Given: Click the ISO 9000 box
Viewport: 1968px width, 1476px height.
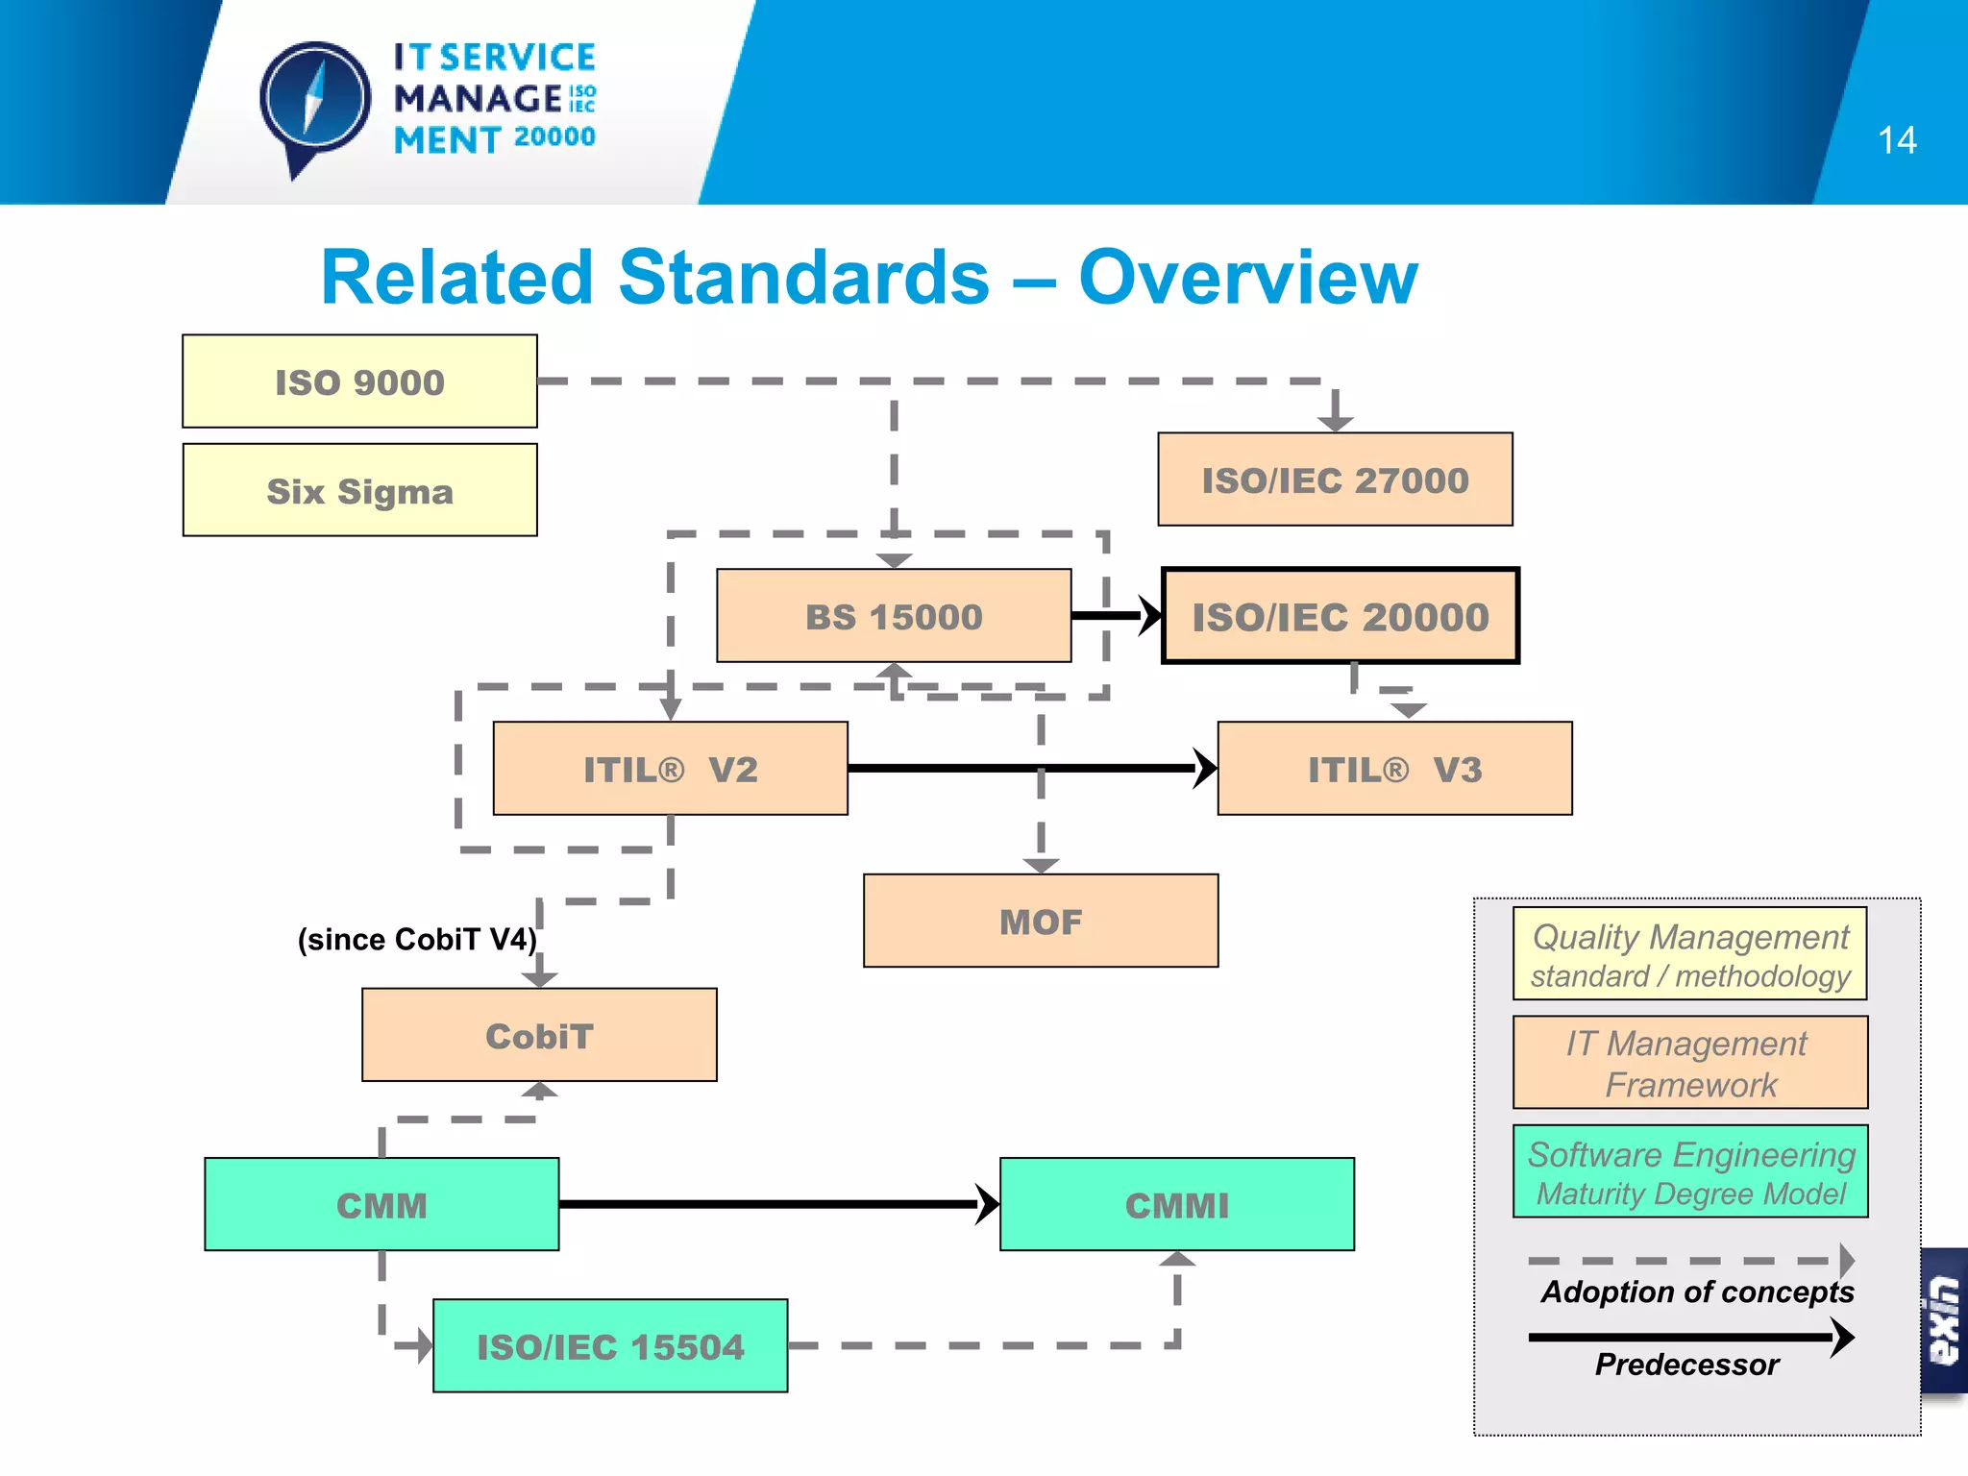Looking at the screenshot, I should click(359, 381).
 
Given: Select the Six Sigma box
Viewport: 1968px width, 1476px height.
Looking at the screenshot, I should click(359, 490).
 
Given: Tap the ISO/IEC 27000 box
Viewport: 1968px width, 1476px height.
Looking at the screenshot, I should click(1335, 480).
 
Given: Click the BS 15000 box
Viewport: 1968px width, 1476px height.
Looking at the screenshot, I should click(894, 616).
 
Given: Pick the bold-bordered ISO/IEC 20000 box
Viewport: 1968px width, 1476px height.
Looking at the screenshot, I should click(1341, 616).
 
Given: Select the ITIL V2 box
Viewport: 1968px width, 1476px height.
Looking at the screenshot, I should click(670, 769).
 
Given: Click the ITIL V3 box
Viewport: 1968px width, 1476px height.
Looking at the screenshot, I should click(1394, 769).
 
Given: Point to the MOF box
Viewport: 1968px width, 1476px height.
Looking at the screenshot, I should click(1041, 921).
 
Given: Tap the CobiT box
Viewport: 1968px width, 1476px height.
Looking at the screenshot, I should click(539, 1035).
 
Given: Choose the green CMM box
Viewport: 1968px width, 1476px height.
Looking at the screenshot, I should click(381, 1204).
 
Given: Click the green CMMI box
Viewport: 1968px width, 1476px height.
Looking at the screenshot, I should click(1177, 1204).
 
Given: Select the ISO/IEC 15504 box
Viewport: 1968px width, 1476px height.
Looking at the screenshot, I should click(610, 1346).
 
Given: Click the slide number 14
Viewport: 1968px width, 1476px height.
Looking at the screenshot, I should click(1897, 141).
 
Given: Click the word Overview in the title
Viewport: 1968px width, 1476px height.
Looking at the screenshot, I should click(1247, 278).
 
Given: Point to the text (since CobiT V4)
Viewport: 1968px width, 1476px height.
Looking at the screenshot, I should click(417, 939).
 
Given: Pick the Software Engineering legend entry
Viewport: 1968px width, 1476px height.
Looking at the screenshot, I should click(1690, 1171).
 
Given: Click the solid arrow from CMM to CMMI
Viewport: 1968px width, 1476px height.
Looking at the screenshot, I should click(769, 1204).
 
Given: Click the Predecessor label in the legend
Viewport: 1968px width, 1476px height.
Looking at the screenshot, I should click(1686, 1365).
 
